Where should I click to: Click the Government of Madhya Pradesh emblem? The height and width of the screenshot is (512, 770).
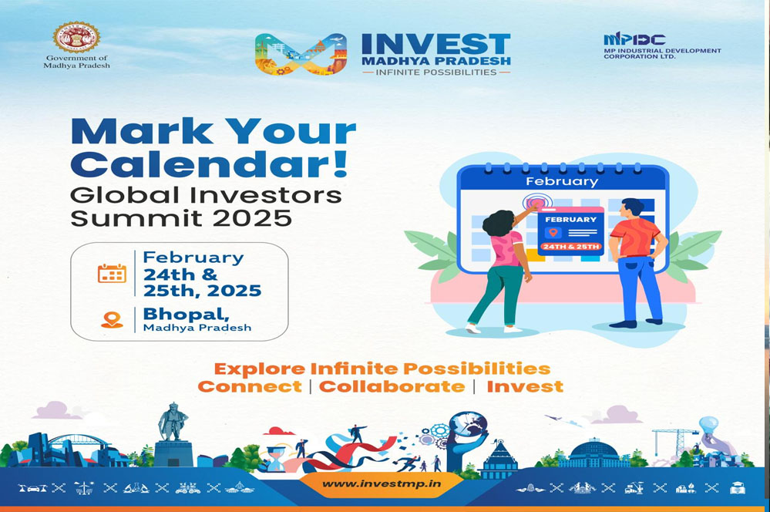coord(76,37)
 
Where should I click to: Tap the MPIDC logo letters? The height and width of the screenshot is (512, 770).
coord(634,39)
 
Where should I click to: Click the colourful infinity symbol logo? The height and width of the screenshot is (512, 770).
coord(301,54)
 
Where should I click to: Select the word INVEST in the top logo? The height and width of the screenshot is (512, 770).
coord(436,44)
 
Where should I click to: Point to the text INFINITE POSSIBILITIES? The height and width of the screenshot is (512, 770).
coord(436,72)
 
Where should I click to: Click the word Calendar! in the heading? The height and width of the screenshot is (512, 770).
coord(210,164)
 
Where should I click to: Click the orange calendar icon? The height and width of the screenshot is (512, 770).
coord(112,273)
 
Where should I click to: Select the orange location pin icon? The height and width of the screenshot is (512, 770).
coord(112,320)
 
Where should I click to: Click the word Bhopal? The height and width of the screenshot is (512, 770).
coord(186,314)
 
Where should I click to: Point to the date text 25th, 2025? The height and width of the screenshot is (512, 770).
coord(202,291)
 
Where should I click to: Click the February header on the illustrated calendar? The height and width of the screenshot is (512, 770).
coord(562,181)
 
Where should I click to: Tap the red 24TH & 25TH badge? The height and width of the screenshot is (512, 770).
coord(570,246)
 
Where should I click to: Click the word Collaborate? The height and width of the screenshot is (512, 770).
coord(392,387)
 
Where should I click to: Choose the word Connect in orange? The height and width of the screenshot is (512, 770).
coord(250,387)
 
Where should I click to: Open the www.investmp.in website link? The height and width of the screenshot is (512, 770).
coord(381,483)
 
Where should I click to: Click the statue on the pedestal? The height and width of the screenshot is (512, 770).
coord(173,422)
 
